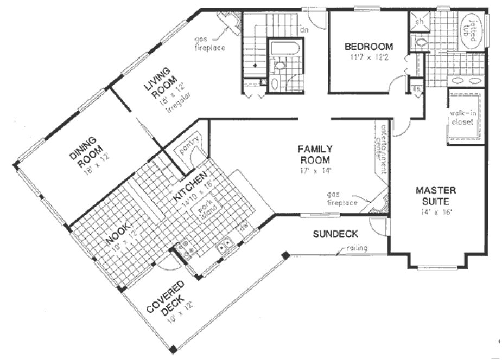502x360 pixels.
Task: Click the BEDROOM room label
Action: pyautogui.click(x=368, y=47)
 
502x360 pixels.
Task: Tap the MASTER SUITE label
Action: pyautogui.click(x=435, y=196)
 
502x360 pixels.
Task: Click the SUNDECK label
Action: pyautogui.click(x=335, y=234)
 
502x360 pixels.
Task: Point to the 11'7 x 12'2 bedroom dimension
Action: pyautogui.click(x=368, y=57)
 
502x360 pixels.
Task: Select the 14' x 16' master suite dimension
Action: pyautogui.click(x=436, y=212)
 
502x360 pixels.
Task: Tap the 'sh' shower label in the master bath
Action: pyautogui.click(x=419, y=22)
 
